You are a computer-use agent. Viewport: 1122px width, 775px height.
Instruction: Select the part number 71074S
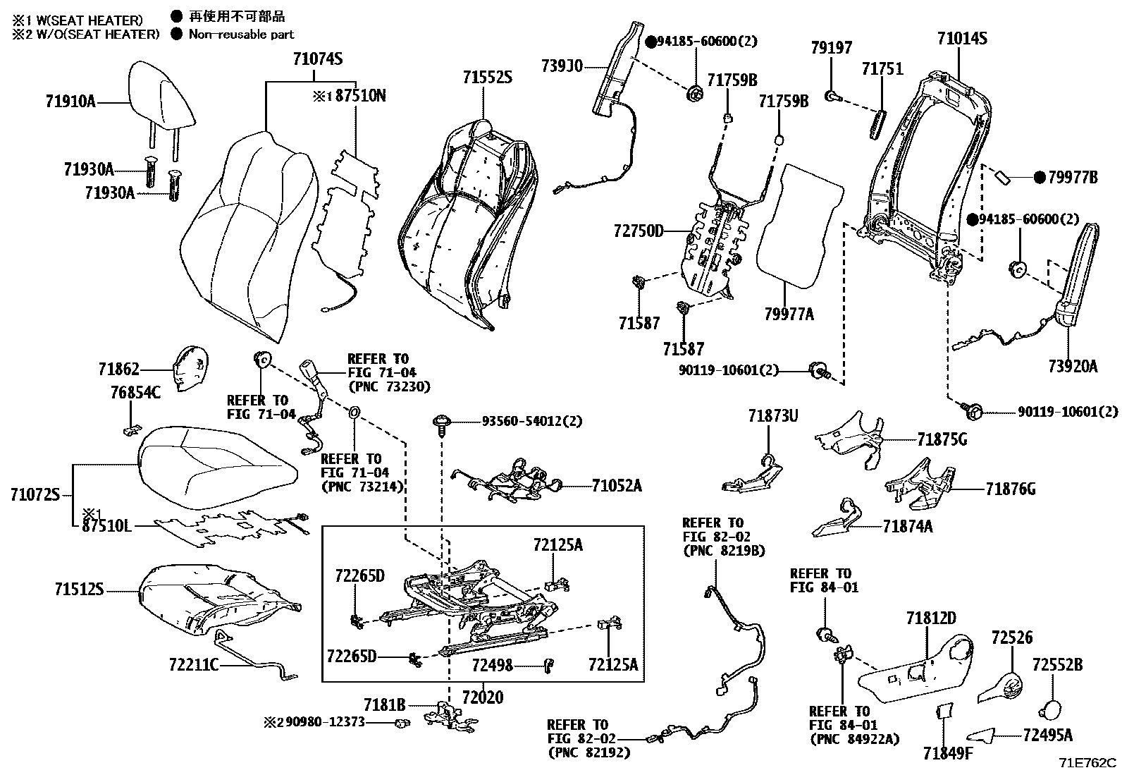pos(317,59)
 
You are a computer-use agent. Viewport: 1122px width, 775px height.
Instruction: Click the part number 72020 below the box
pos(483,698)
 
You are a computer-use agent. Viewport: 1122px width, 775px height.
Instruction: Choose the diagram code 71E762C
pos(1087,762)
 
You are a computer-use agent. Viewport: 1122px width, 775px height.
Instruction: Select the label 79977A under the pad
pos(789,315)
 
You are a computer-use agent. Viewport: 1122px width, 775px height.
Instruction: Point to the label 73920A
pos(1073,366)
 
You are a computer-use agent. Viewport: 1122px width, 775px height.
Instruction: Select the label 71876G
pos(1010,488)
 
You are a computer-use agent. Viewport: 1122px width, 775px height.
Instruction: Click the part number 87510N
pos(360,95)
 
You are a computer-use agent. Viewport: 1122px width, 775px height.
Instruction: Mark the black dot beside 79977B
pos(1038,178)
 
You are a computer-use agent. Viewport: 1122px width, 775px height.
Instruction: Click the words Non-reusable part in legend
pos(241,33)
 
